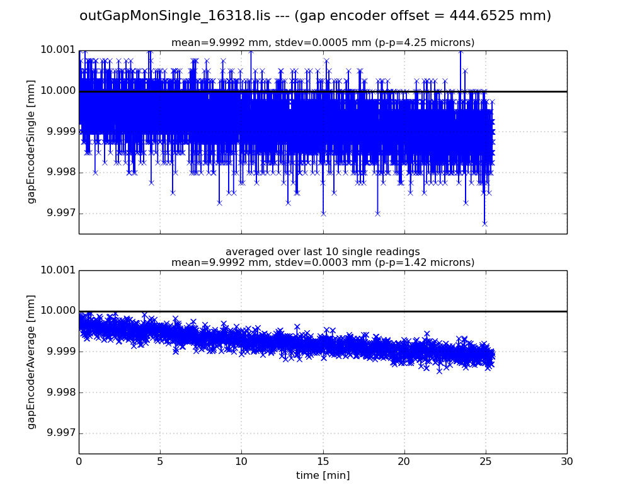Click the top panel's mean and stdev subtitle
click(323, 43)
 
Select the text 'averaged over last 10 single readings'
click(323, 252)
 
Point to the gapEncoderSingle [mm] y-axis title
click(31, 142)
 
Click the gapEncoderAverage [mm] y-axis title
click(31, 362)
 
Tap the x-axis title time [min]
click(323, 476)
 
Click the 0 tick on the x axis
click(79, 461)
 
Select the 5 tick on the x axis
click(160, 461)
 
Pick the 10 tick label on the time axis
click(241, 461)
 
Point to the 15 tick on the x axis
click(323, 461)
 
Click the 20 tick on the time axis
click(404, 461)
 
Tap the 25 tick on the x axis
click(485, 461)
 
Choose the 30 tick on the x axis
click(566, 461)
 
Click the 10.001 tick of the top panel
click(57, 50)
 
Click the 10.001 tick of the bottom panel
click(57, 270)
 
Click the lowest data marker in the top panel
click(484, 223)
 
